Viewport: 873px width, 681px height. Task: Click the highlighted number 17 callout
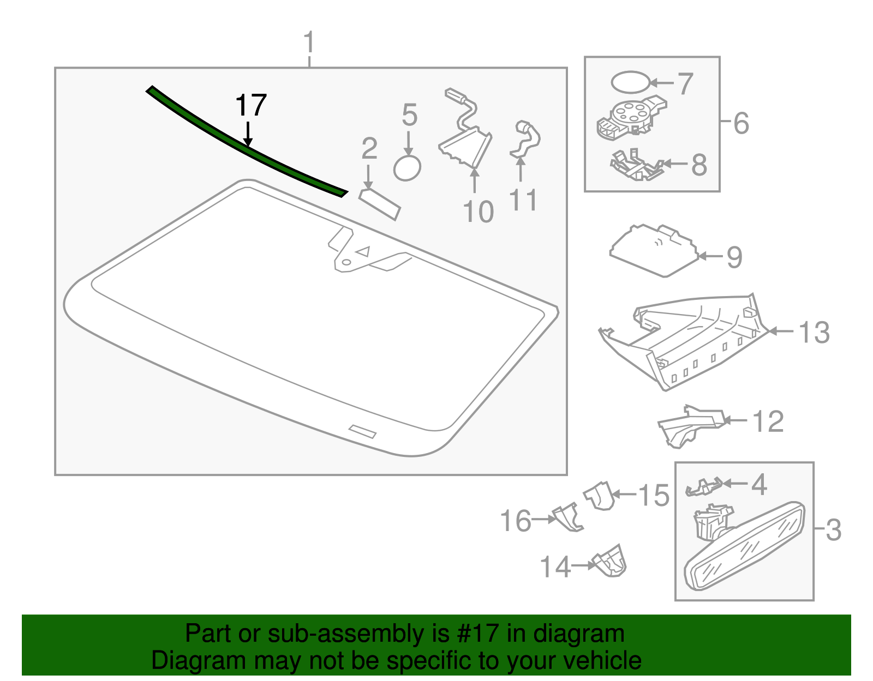pos(250,105)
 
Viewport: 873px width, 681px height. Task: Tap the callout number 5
pos(409,116)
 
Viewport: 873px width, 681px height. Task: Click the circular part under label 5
pos(407,168)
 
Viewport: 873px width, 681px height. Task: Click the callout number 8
pos(699,165)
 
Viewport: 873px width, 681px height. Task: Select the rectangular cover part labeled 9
pos(654,250)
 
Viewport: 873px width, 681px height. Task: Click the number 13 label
pos(814,332)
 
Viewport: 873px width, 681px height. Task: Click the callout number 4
pos(758,484)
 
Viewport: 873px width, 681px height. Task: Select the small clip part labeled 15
pos(600,496)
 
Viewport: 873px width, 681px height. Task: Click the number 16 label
pos(516,521)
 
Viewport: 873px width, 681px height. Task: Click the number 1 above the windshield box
pos(309,42)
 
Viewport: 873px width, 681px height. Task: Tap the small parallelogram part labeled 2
pos(380,204)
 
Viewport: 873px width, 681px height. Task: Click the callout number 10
pos(478,212)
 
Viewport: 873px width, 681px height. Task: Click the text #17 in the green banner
pos(475,634)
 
